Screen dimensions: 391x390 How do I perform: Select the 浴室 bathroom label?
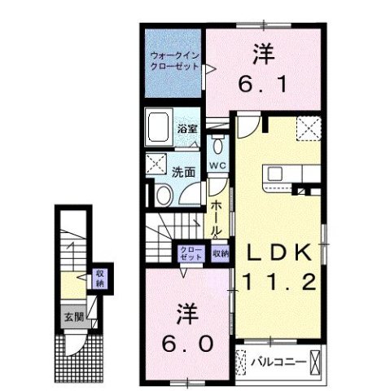click(x=187, y=129)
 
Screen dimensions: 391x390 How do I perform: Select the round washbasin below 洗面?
click(x=161, y=195)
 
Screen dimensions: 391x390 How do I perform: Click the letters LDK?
click(x=278, y=254)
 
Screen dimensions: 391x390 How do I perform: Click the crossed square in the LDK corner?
click(x=309, y=129)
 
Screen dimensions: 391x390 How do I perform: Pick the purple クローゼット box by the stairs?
click(x=191, y=253)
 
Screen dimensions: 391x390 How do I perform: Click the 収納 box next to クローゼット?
click(x=220, y=253)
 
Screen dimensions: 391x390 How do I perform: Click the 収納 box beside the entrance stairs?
click(x=100, y=279)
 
